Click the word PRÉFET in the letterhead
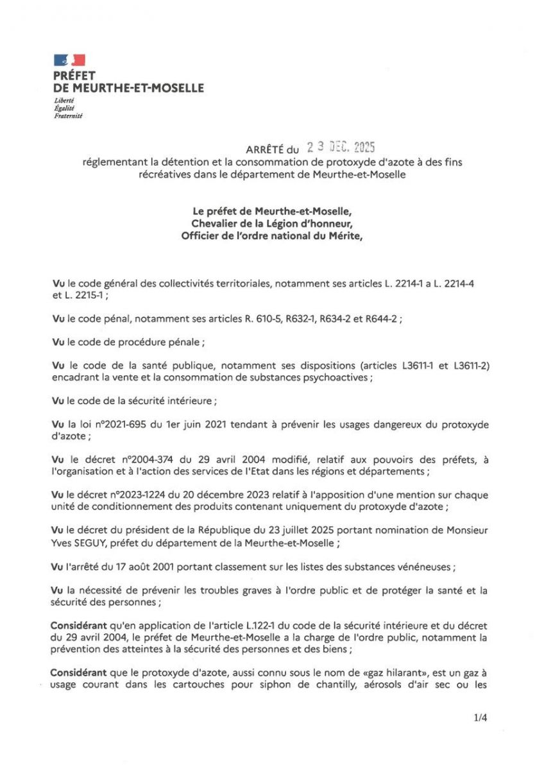click(x=74, y=76)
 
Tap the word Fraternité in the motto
click(x=69, y=116)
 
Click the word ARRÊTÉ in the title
click(x=266, y=150)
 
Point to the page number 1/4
click(x=480, y=718)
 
